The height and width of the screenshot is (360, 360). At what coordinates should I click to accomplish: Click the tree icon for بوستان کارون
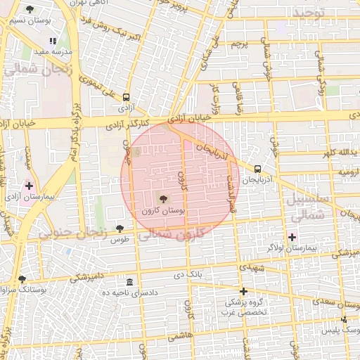[164, 200]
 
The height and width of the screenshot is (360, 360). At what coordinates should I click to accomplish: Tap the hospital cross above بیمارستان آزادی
[29, 186]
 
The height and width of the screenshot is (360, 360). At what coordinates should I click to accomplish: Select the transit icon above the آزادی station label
[126, 98]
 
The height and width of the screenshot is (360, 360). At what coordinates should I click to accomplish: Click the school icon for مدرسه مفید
[53, 41]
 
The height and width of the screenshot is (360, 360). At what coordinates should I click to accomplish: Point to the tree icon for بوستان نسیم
[29, 9]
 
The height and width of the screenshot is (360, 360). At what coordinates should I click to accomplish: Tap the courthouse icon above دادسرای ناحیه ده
[128, 281]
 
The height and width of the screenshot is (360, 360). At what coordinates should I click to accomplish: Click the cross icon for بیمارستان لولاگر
[292, 237]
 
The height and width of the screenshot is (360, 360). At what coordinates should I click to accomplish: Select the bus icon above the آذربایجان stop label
[257, 169]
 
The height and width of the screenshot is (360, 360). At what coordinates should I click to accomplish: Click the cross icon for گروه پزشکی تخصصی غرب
[243, 291]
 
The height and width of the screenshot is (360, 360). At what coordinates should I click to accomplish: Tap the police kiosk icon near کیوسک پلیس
[344, 320]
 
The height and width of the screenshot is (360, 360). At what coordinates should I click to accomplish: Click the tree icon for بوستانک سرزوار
[22, 279]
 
